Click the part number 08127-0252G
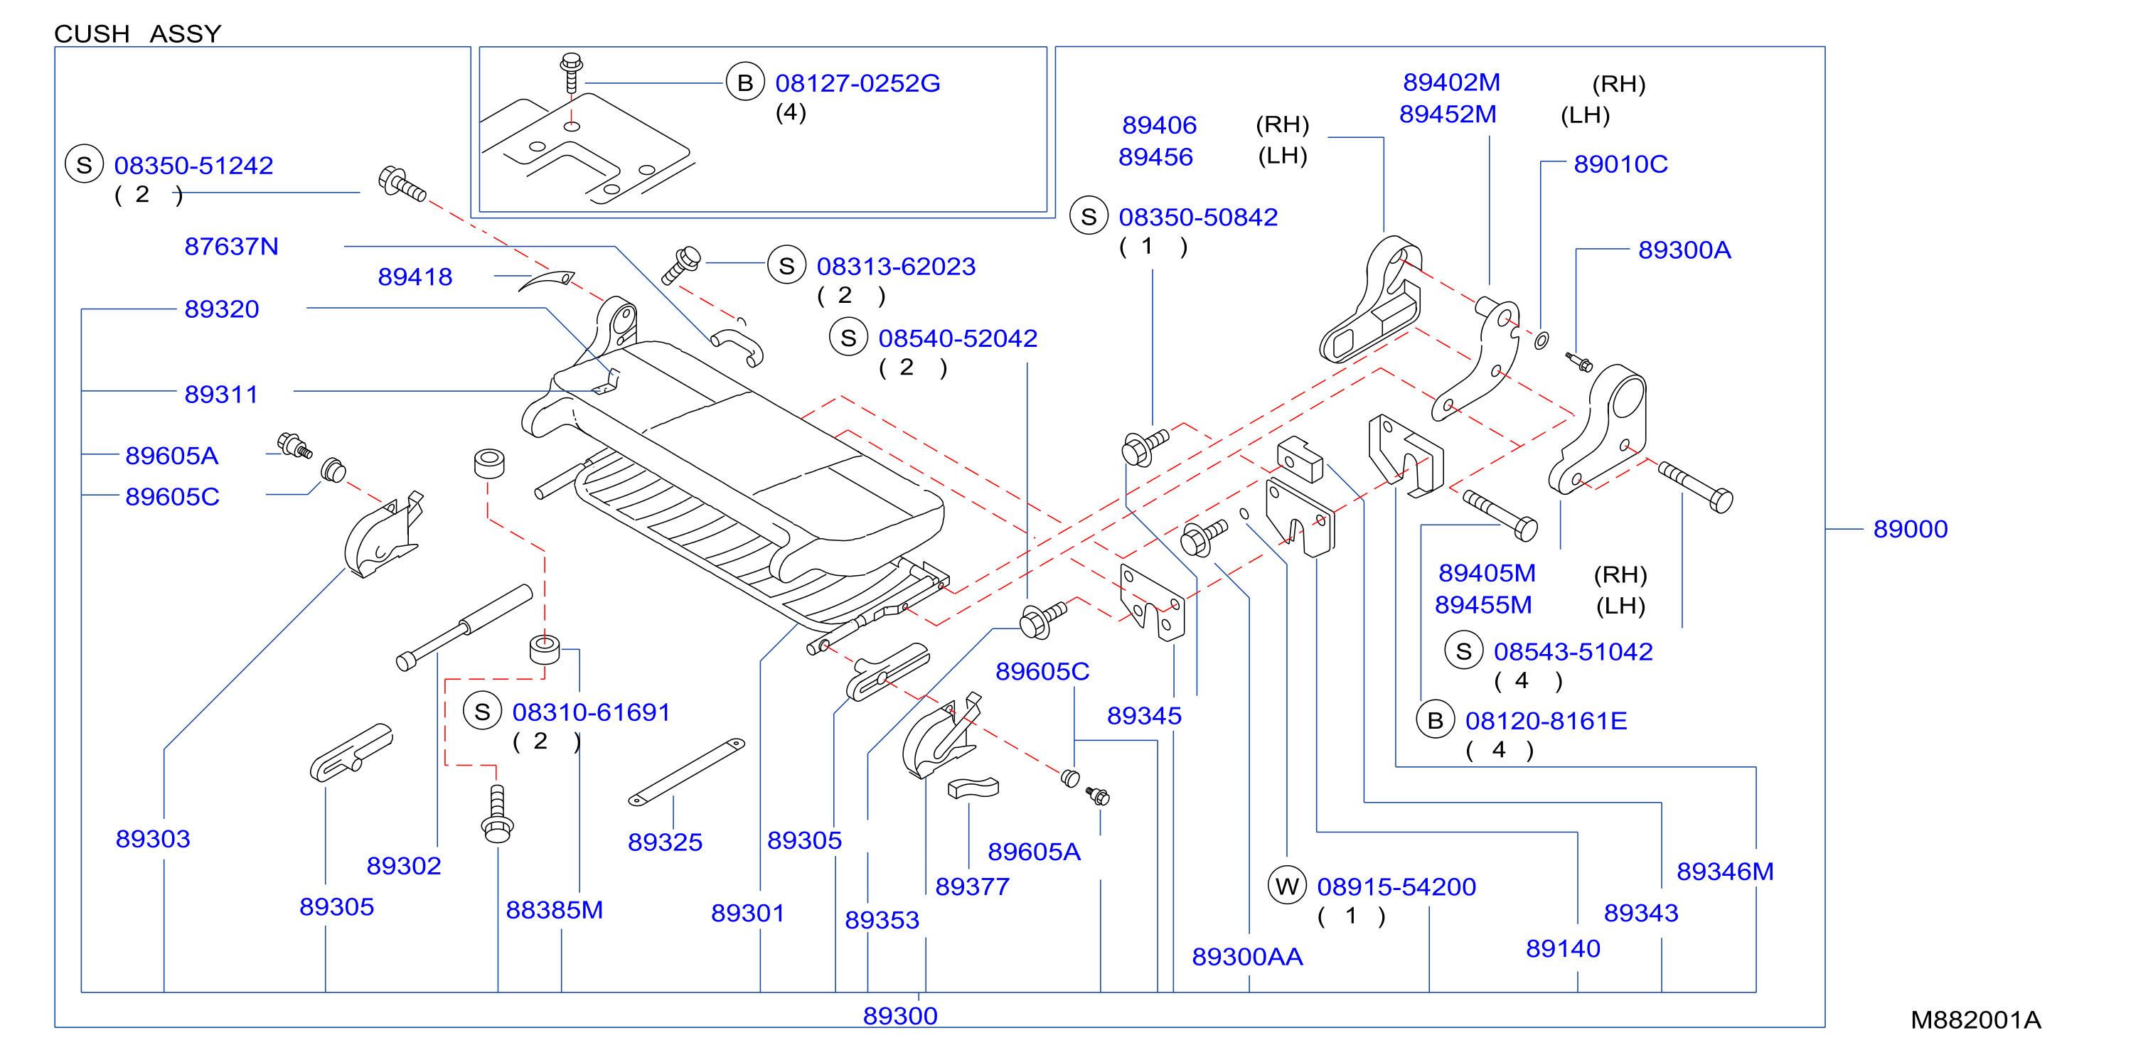[857, 83]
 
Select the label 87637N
[231, 247]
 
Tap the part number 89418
[415, 277]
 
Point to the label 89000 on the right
[1910, 529]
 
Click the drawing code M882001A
[1975, 1020]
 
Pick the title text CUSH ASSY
[138, 33]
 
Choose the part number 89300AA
[1246, 957]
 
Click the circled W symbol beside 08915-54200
[1287, 886]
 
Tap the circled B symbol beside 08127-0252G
[744, 82]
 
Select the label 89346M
[1724, 872]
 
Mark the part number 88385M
[554, 910]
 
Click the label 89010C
[1620, 164]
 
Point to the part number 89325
[665, 842]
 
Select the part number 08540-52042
[957, 338]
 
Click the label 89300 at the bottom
[899, 1016]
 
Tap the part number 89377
[971, 887]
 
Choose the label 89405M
[1486, 573]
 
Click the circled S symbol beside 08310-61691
[482, 712]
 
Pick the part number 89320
[221, 309]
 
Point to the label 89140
[1563, 949]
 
